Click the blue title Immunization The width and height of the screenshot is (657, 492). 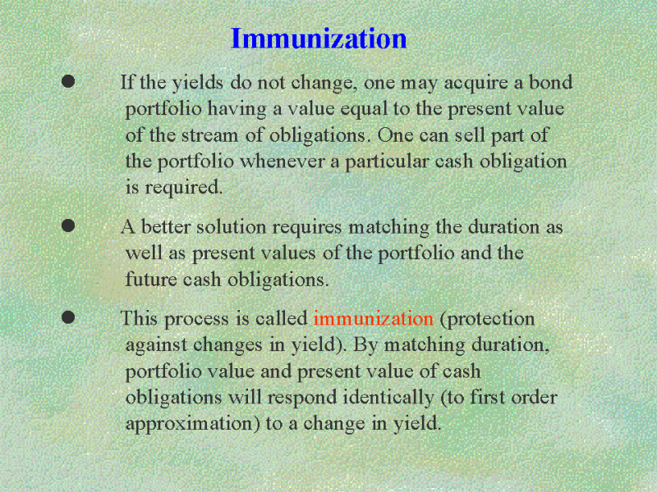click(319, 39)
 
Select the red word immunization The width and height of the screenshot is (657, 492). click(373, 318)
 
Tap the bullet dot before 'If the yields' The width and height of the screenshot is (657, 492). click(68, 80)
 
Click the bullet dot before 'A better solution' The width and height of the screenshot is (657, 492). click(68, 225)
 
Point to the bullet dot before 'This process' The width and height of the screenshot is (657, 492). click(68, 317)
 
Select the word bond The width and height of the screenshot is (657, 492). click(550, 82)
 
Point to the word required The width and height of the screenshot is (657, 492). click(183, 188)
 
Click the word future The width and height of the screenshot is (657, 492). click(151, 279)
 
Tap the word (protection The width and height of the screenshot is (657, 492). click(487, 320)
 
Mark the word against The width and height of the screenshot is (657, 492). click(156, 346)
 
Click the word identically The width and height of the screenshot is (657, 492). click(388, 398)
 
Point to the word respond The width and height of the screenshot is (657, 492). click(302, 399)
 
